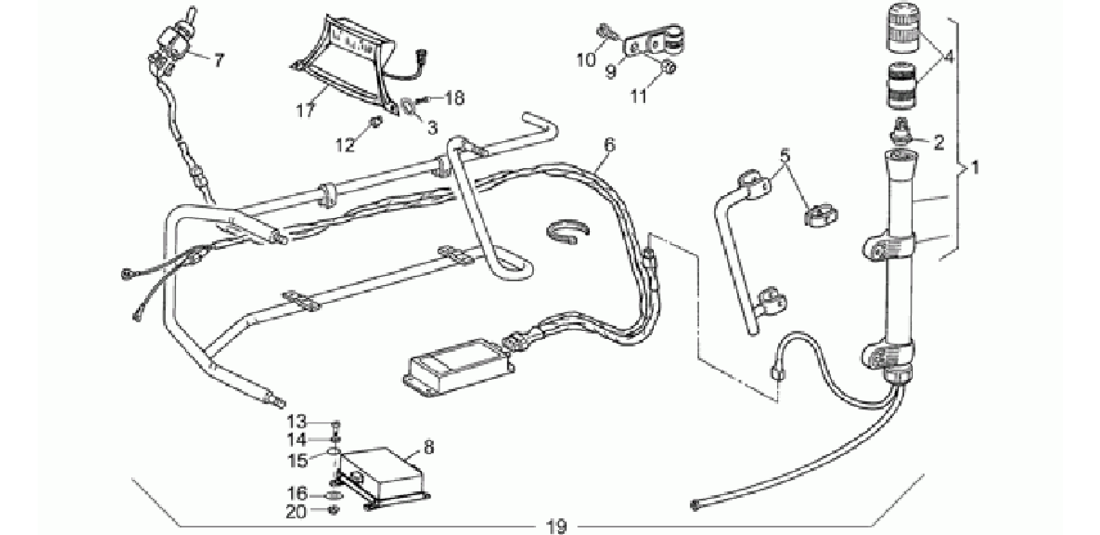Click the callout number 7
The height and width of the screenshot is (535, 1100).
pos(217,60)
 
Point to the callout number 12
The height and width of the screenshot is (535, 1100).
pos(345,144)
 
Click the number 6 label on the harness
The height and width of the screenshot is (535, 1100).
pos(609,145)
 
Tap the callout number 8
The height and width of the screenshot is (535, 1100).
pos(428,447)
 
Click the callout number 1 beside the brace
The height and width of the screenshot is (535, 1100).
pos(975,169)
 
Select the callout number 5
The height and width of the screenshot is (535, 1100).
pos(785,156)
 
